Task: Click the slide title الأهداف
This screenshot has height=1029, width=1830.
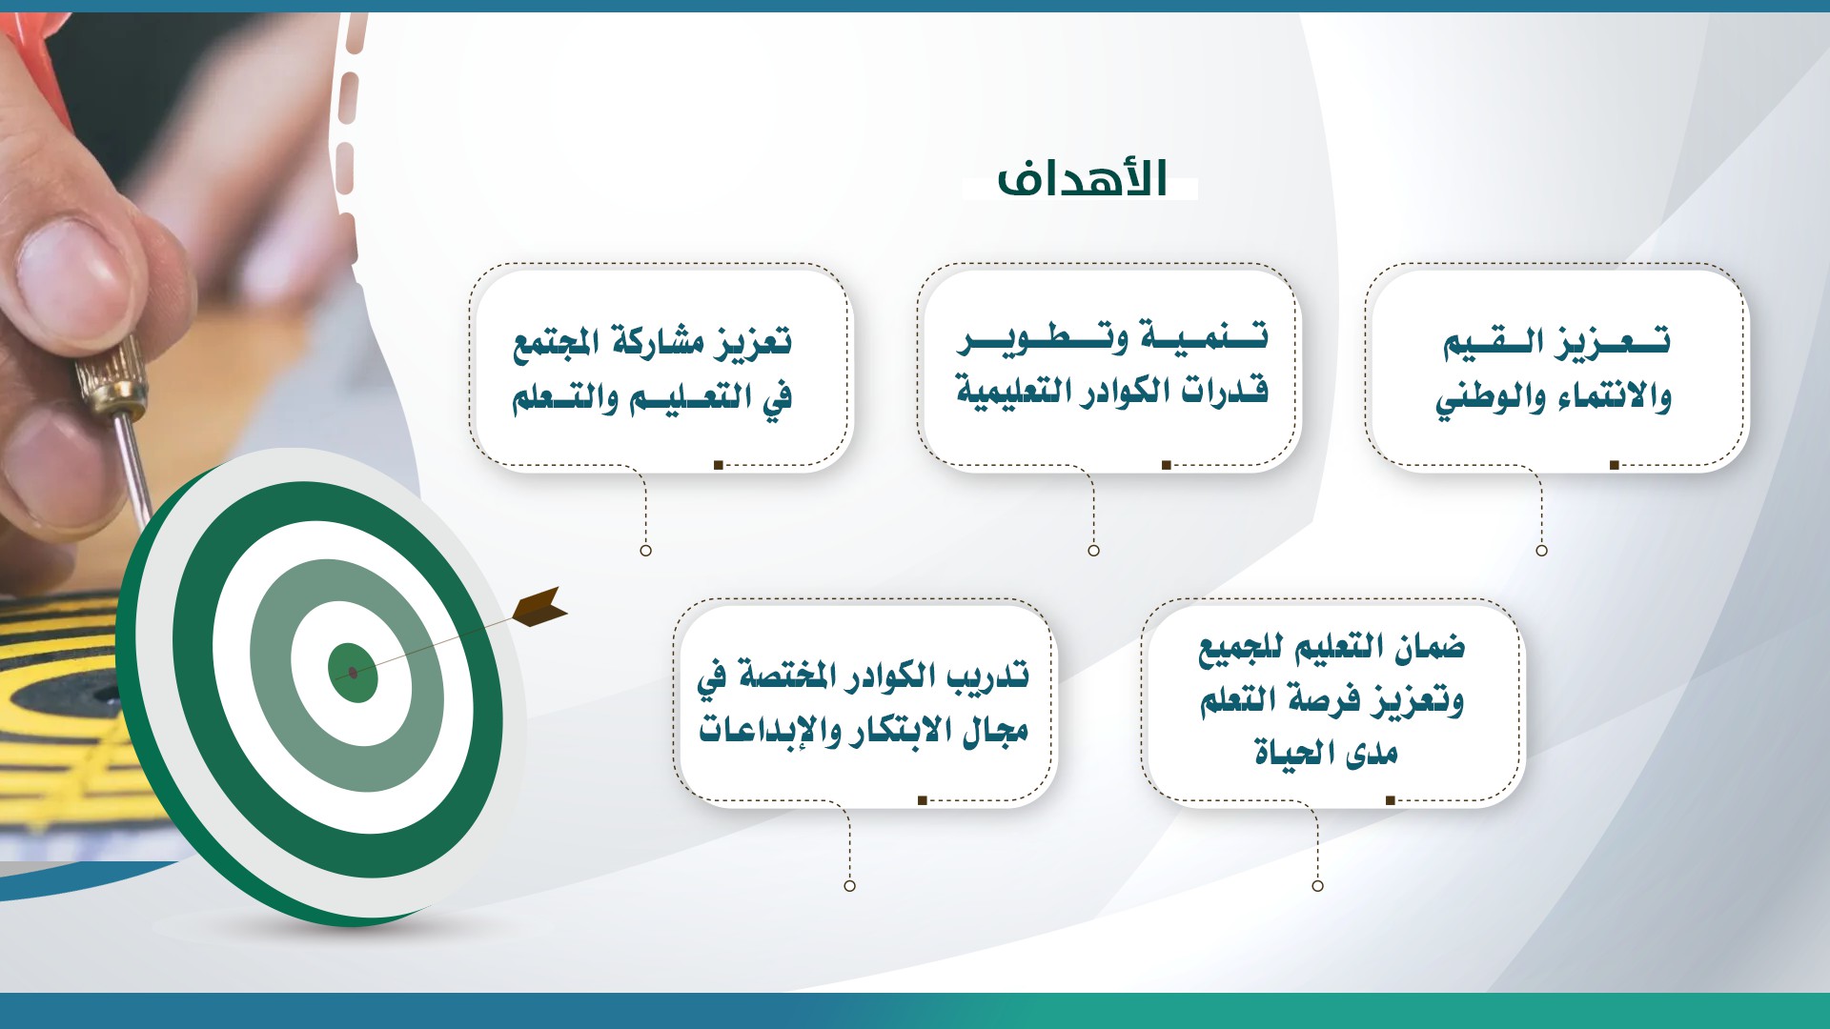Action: pos(1082,178)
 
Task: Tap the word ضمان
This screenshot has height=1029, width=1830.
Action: pos(1430,648)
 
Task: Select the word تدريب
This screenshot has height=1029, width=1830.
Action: pos(987,676)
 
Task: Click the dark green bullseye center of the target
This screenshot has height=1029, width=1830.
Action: pos(353,673)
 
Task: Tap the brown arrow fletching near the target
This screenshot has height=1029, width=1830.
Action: pos(540,607)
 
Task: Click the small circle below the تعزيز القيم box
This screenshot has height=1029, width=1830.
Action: pos(1541,550)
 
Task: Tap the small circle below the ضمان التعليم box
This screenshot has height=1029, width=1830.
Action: pos(1317,885)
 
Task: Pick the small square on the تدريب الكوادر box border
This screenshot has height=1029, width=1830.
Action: pos(922,800)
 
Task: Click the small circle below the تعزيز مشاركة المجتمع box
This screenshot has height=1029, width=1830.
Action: pos(645,550)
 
